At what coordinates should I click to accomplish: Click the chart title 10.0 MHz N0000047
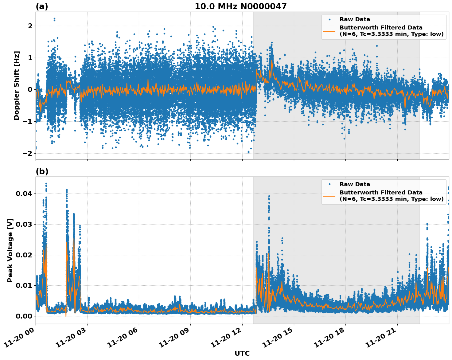(x=240, y=6)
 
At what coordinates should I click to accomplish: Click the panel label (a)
(x=42, y=6)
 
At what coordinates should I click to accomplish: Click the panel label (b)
(x=42, y=171)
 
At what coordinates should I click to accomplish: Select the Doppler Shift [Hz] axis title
(x=17, y=85)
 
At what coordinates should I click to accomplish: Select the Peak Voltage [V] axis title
(x=10, y=250)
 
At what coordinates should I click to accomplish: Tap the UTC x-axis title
(x=242, y=353)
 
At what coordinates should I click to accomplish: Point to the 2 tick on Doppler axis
(x=30, y=26)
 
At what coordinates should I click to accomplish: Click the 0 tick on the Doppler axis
(x=30, y=90)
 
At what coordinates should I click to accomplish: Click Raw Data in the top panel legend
(x=355, y=19)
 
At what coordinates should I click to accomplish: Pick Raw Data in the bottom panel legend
(x=355, y=184)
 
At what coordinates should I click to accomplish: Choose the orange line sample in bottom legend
(x=329, y=196)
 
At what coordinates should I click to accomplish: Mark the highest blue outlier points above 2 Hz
(x=54, y=19)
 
